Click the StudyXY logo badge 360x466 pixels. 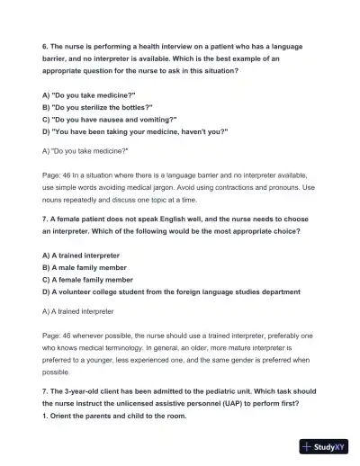(326, 446)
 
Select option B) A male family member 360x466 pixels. (93, 267)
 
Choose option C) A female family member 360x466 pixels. (96, 280)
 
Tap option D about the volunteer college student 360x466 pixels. (171, 292)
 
